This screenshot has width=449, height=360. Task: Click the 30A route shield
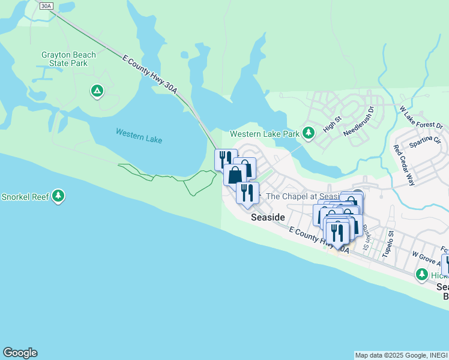point(47,5)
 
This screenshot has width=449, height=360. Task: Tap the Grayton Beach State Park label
point(68,59)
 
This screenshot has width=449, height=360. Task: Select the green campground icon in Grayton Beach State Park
point(96,91)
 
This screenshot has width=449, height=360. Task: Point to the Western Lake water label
point(139,136)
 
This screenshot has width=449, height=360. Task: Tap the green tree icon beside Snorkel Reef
point(58,196)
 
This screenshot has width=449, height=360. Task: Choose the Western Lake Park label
point(265,133)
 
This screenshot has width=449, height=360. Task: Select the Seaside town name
point(267,217)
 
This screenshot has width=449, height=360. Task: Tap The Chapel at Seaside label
point(303,196)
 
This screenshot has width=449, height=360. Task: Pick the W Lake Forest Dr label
point(421,118)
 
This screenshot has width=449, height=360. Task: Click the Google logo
point(20,353)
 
